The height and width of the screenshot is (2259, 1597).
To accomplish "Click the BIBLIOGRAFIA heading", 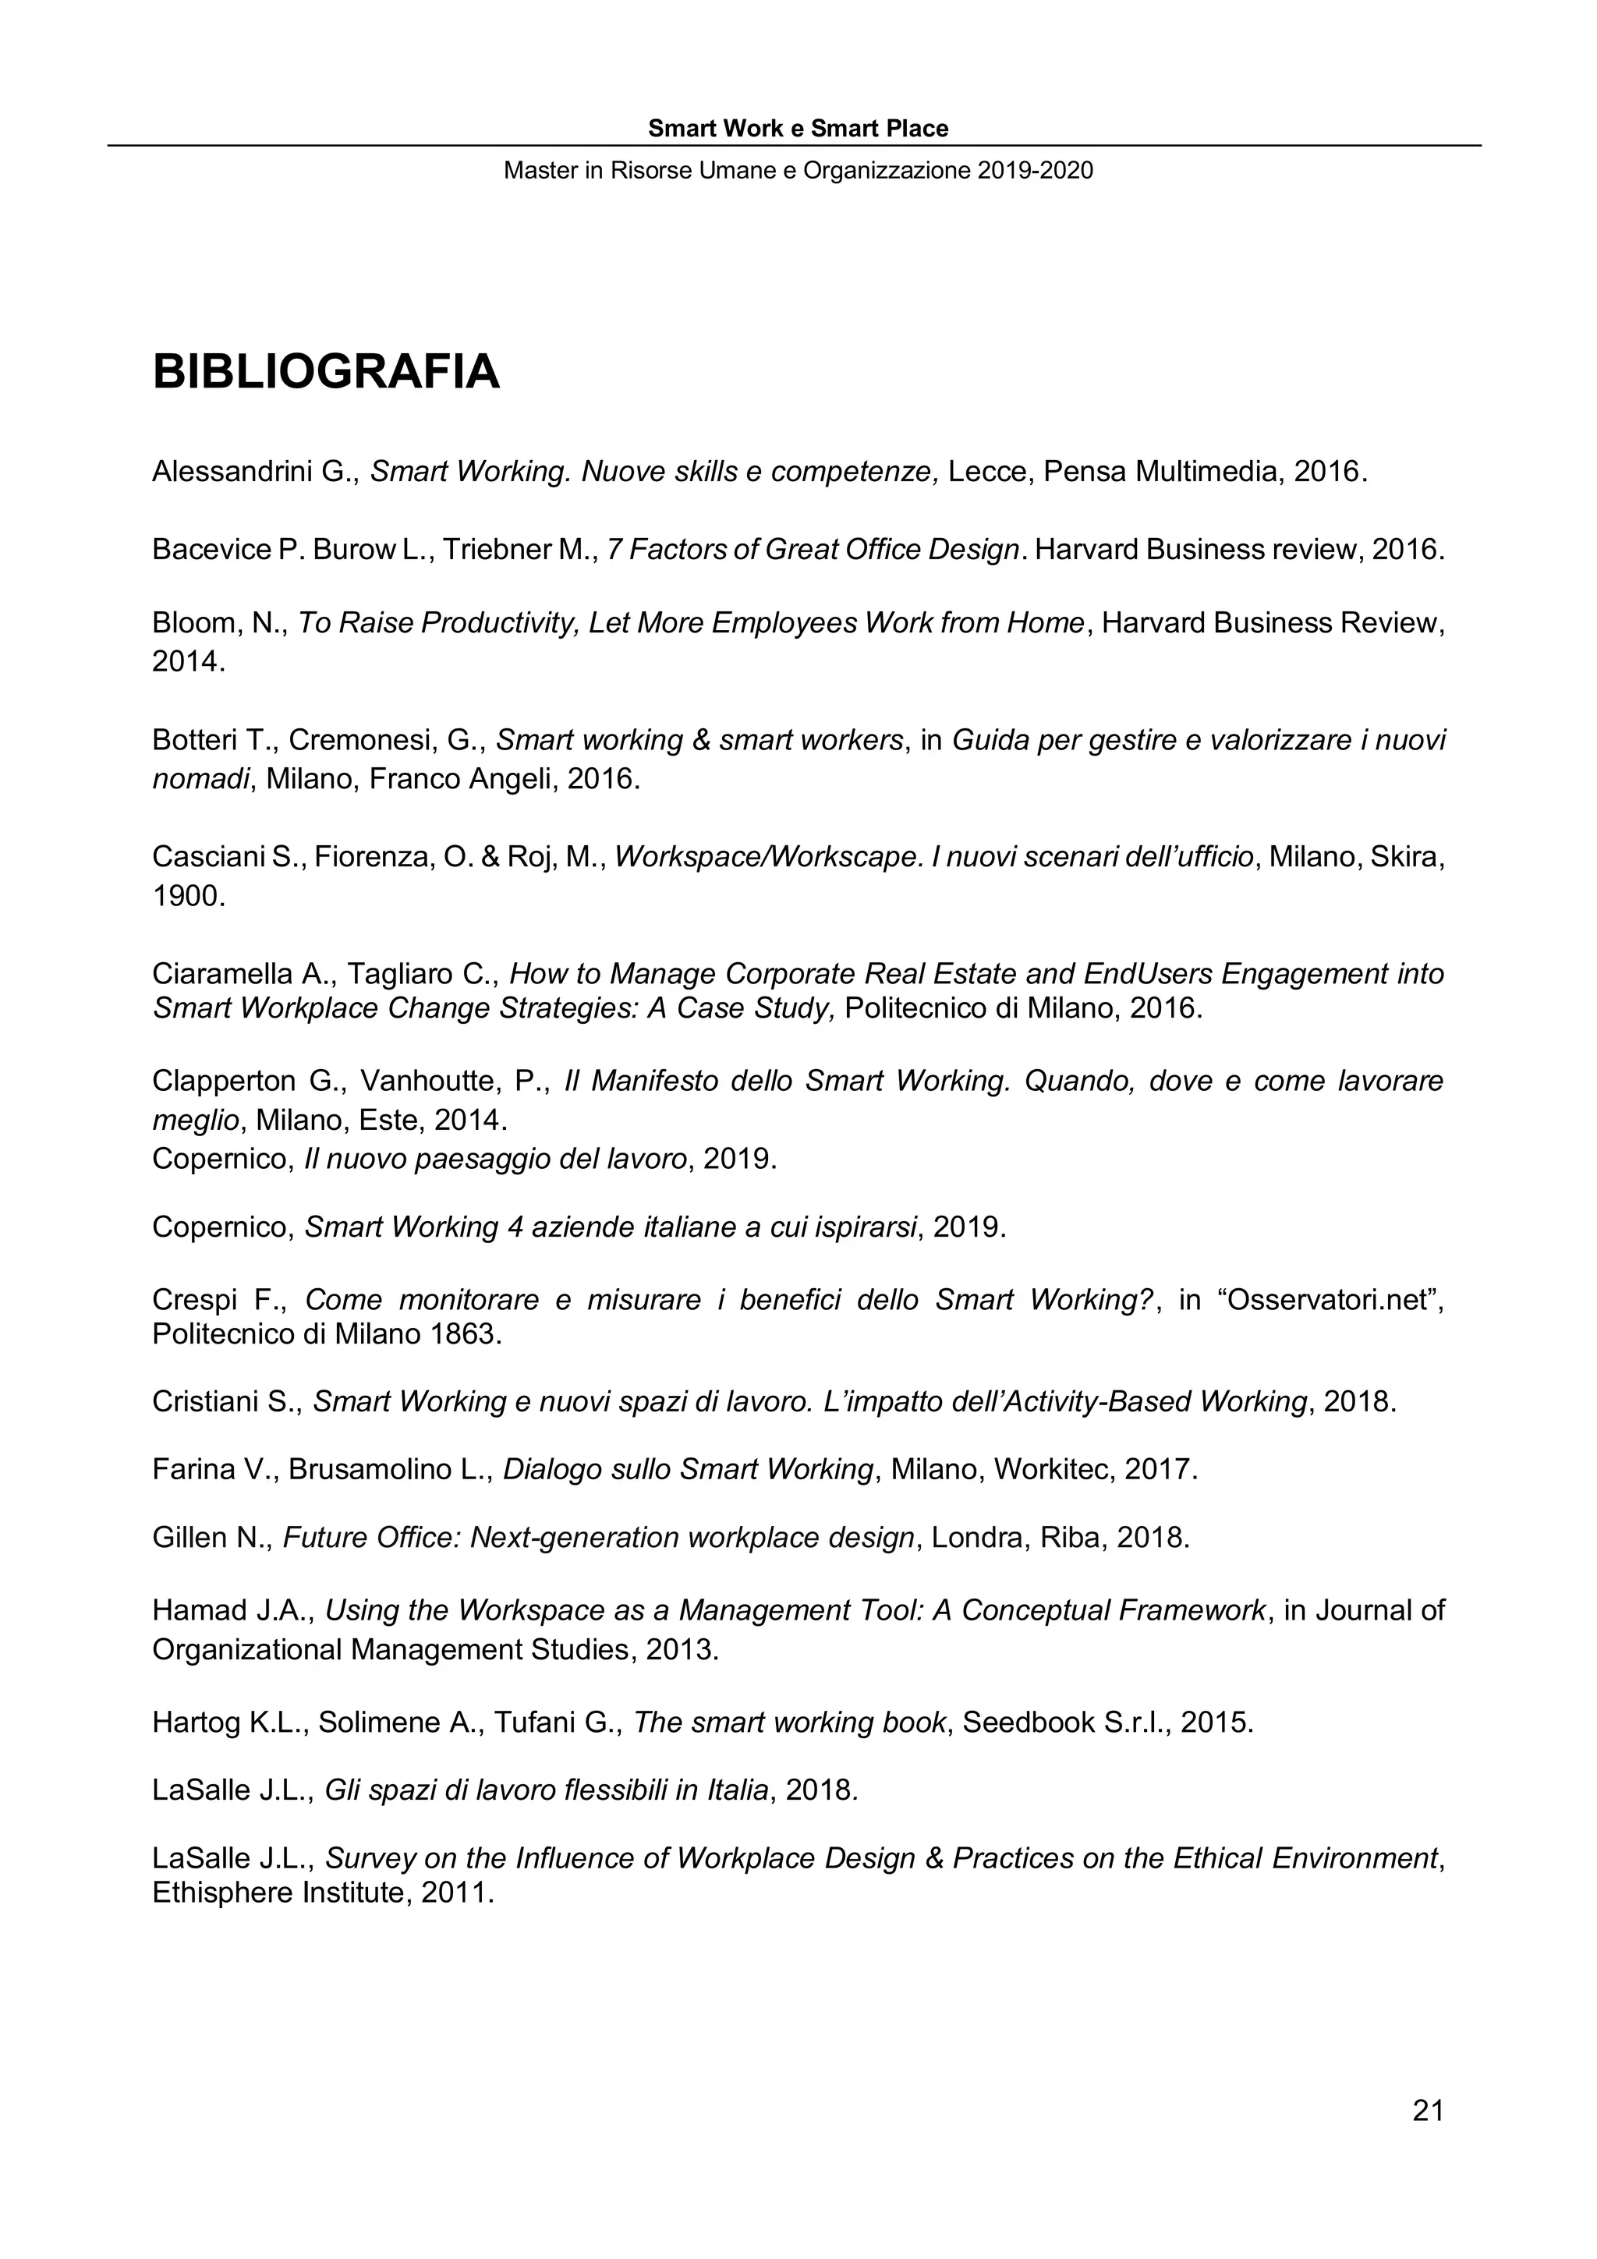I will (326, 373).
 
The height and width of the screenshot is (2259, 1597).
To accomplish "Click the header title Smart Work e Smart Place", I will (798, 129).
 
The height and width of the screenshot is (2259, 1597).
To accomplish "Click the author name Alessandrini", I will (232, 473).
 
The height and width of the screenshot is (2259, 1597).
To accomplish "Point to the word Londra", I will (977, 1538).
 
